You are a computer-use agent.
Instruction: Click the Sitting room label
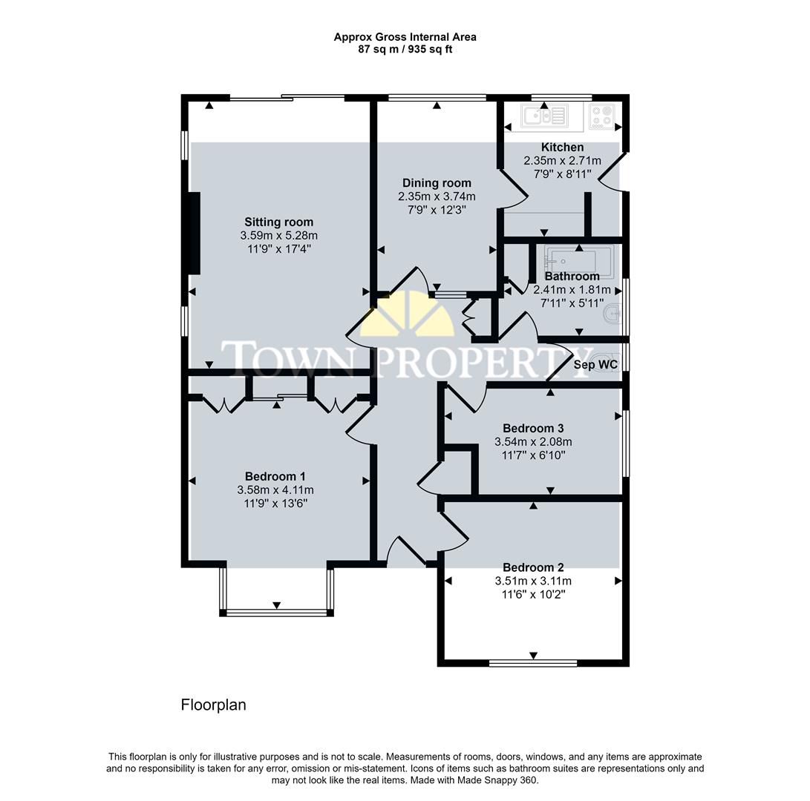click(x=278, y=222)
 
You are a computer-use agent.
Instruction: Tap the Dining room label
click(x=437, y=183)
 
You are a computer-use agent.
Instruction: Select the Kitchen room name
click(x=562, y=148)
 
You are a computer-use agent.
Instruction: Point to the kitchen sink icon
click(x=544, y=115)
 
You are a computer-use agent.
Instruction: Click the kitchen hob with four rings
click(x=601, y=116)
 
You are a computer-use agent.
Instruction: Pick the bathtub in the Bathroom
click(x=578, y=260)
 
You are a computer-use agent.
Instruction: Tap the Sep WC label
click(x=595, y=365)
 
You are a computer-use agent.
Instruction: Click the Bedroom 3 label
click(x=533, y=428)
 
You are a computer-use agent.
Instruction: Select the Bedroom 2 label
click(x=533, y=567)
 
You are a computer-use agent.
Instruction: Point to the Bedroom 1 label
click(x=275, y=476)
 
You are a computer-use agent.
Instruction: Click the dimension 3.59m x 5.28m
click(x=278, y=235)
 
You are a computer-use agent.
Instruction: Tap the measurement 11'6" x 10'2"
click(x=533, y=594)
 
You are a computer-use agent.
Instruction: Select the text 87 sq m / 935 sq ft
click(x=405, y=50)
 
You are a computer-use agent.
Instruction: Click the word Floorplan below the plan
click(x=213, y=705)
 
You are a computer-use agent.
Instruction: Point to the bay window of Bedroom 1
click(x=276, y=612)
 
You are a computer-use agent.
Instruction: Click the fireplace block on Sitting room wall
click(x=195, y=233)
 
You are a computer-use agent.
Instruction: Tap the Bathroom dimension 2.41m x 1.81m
click(x=572, y=289)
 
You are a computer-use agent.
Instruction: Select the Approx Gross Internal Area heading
click(x=405, y=36)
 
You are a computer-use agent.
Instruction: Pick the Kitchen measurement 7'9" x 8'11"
click(x=562, y=174)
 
